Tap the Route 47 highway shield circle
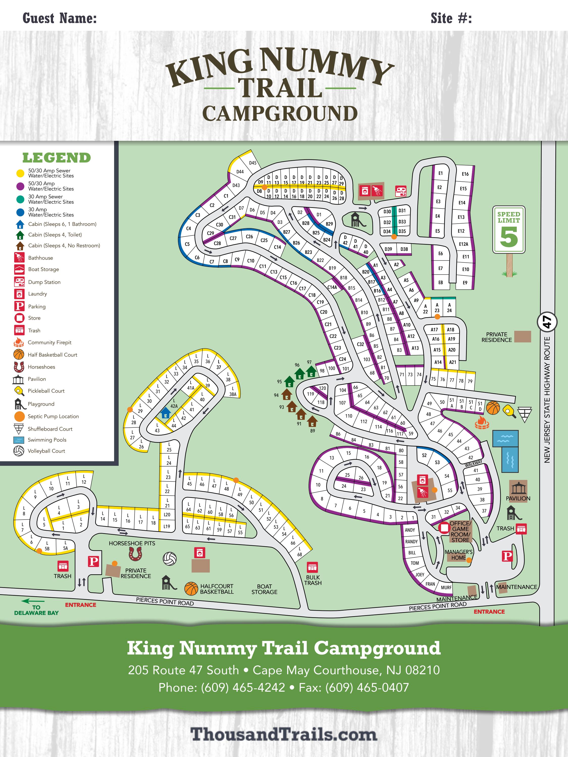point(547,322)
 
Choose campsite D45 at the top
point(253,163)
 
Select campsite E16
point(465,174)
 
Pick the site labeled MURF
point(446,587)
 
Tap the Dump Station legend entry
point(44,282)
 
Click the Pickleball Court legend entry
point(46,391)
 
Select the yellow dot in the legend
point(20,173)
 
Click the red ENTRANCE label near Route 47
point(489,612)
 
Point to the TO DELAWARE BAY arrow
point(33,601)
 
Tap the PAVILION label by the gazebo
point(518,498)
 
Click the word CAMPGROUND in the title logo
point(280,114)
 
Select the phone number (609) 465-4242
point(243,688)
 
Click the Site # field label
point(451,18)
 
